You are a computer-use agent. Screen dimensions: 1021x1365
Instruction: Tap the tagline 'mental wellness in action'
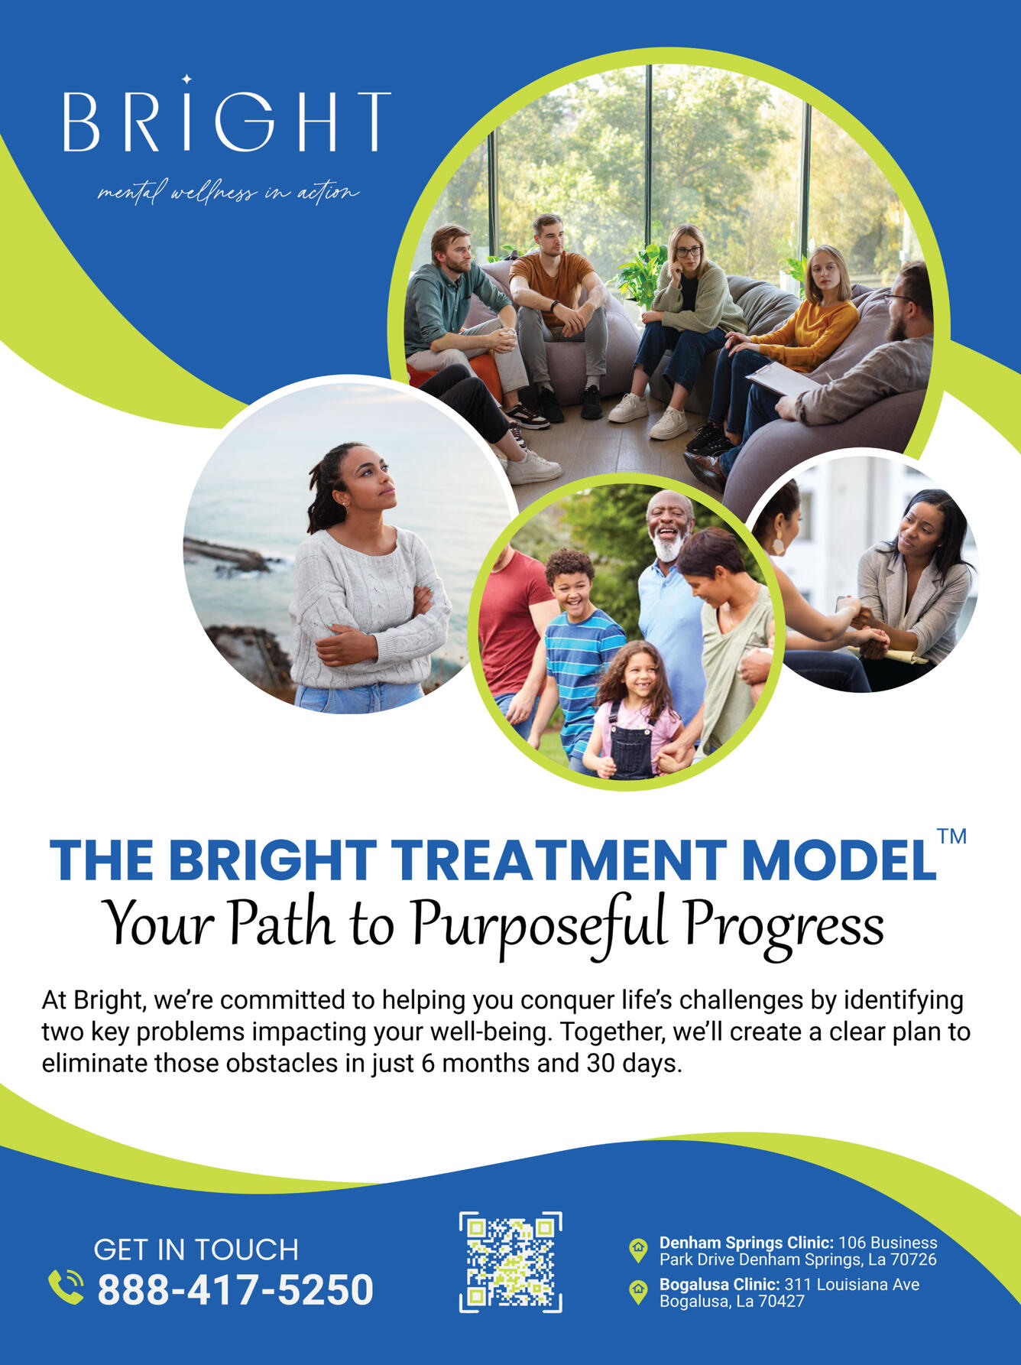228,191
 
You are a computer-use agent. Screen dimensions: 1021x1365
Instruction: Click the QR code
510,1262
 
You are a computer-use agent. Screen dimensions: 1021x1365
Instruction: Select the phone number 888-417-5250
235,1290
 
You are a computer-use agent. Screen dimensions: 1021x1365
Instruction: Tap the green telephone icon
66,1287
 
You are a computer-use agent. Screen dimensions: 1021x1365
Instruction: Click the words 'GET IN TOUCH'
196,1250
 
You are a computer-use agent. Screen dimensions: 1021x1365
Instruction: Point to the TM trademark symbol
952,836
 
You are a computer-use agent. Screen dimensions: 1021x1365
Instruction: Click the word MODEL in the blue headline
838,860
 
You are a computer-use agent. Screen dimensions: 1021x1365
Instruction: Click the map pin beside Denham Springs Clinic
637,1250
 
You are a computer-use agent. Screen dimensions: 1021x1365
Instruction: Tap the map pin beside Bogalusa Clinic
637,1292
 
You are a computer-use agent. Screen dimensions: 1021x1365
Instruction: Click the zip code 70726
913,1259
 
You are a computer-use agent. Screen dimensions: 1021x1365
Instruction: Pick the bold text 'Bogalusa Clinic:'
719,1285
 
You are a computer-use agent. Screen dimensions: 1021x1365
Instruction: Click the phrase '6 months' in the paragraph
478,1064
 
